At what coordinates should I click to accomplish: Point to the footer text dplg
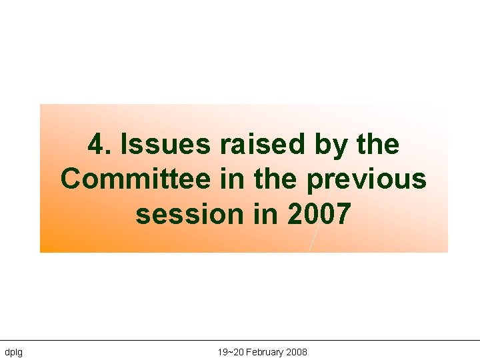coord(13,352)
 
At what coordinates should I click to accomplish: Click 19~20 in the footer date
coord(229,352)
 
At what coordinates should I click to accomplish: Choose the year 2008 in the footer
coord(297,352)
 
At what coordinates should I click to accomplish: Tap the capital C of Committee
coord(71,179)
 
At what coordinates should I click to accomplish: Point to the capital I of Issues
coord(119,144)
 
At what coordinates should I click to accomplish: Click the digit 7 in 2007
coord(340,215)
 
